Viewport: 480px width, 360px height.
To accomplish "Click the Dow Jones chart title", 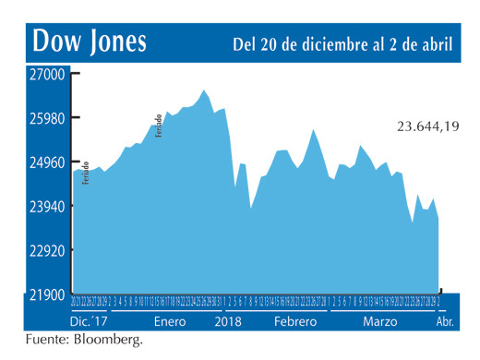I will [90, 42].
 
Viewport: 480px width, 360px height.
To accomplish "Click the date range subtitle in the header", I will [342, 43].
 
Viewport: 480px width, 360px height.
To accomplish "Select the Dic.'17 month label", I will [90, 321].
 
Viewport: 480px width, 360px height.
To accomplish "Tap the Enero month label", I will [171, 321].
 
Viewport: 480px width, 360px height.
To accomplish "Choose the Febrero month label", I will [294, 321].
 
